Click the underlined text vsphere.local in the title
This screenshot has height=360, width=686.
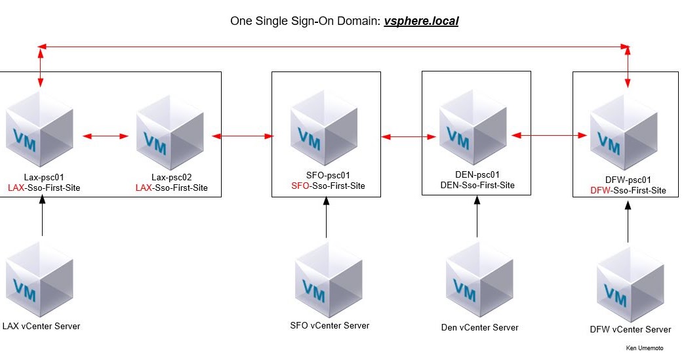[420, 21]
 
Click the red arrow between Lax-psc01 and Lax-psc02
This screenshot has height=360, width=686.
[106, 136]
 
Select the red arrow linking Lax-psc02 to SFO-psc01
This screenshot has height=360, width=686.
[242, 136]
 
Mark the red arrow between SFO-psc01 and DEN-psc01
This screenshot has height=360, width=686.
[409, 137]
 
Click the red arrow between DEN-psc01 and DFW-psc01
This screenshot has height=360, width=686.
[549, 136]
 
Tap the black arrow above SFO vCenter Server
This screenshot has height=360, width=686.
[327, 217]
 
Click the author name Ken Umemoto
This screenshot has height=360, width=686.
[644, 349]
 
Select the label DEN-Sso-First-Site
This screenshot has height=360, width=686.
[477, 186]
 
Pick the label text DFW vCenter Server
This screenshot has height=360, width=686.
[630, 329]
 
